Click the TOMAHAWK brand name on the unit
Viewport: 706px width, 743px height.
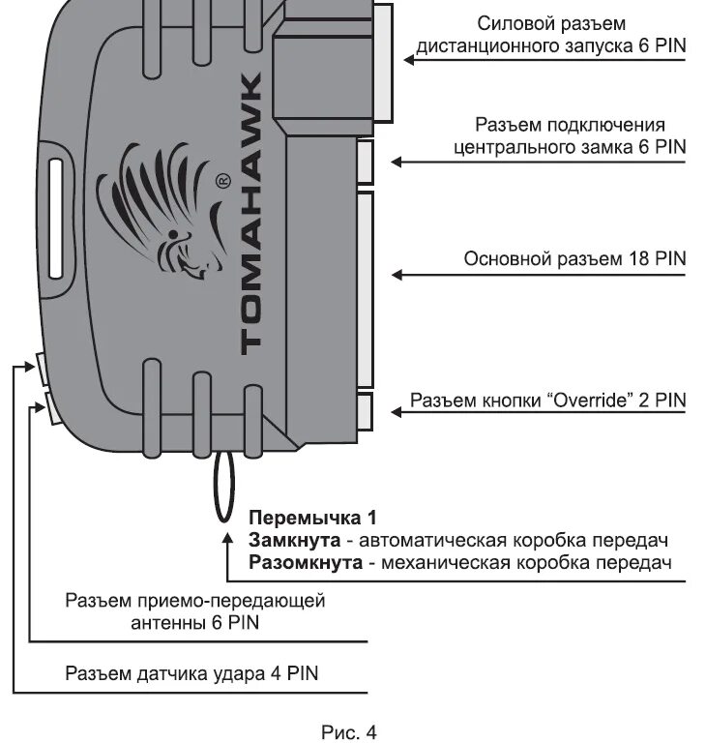(249, 212)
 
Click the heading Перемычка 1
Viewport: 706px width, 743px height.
(311, 517)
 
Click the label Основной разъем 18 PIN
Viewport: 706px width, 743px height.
(574, 258)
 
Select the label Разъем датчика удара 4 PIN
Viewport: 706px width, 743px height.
(191, 673)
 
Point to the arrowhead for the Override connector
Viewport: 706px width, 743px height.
(396, 413)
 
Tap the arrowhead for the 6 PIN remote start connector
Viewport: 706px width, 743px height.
(408, 62)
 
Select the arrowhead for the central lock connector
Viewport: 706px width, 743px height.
(396, 163)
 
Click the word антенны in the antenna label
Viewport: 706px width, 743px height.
(168, 624)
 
